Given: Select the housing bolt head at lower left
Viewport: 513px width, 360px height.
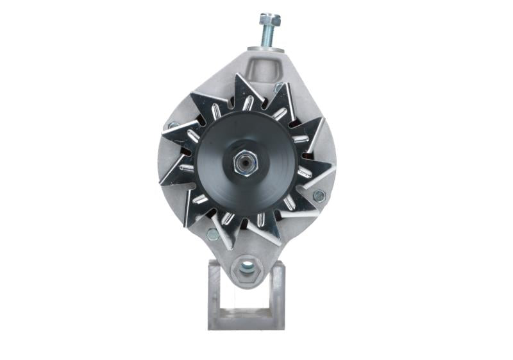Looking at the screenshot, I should [212, 235].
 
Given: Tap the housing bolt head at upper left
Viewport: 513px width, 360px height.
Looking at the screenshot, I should [172, 126].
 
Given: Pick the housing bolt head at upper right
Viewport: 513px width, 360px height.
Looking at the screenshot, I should [278, 87].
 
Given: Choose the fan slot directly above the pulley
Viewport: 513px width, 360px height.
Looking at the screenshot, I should [247, 103].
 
